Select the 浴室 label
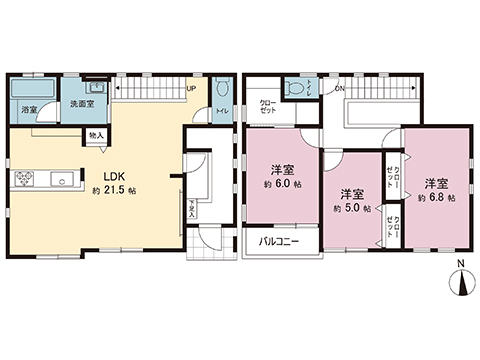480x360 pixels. (29, 108)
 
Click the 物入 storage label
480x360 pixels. (95, 134)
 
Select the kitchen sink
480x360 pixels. (63, 181)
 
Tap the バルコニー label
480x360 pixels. (280, 243)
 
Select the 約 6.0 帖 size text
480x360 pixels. (285, 184)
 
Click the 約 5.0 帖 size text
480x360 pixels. (350, 208)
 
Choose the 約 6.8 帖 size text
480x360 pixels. (435, 197)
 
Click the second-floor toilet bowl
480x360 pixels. (293, 88)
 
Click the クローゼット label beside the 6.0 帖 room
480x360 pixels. (269, 107)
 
